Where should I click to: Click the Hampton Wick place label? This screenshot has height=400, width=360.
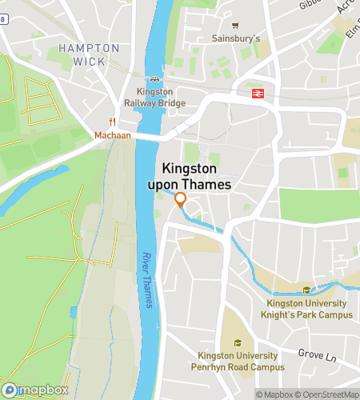click(x=89, y=54)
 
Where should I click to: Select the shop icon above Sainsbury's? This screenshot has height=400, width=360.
click(x=234, y=25)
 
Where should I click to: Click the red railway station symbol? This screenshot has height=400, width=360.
click(x=258, y=94)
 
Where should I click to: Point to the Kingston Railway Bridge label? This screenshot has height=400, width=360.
click(x=154, y=98)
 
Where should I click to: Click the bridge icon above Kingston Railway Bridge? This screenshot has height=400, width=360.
click(x=154, y=79)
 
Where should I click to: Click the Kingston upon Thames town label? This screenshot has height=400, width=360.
click(x=196, y=177)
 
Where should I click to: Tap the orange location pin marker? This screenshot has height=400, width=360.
click(x=181, y=200)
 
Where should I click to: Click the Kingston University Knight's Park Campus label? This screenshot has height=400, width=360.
click(x=306, y=309)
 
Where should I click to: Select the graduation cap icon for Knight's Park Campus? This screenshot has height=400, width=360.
click(x=306, y=290)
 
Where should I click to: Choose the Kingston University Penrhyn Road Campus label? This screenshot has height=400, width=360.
click(x=238, y=361)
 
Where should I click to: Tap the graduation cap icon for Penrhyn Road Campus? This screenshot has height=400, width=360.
click(x=238, y=343)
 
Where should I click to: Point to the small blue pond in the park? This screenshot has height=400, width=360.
click(x=74, y=311)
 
